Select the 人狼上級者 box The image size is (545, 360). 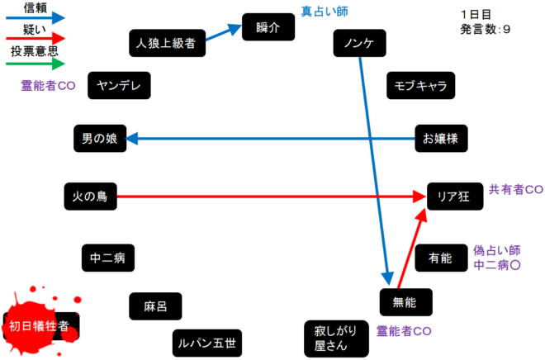click(168, 44)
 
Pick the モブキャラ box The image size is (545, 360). click(420, 85)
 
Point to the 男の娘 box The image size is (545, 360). click(100, 139)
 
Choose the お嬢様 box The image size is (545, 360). click(440, 139)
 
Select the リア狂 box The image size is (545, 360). click(453, 196)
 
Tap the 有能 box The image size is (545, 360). click(440, 258)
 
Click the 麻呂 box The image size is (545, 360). click(155, 306)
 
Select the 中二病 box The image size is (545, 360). click(107, 258)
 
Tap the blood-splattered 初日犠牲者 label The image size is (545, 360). click(42, 325)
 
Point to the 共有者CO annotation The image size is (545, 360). click(516, 189)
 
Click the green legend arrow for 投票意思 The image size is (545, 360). click(34, 66)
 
